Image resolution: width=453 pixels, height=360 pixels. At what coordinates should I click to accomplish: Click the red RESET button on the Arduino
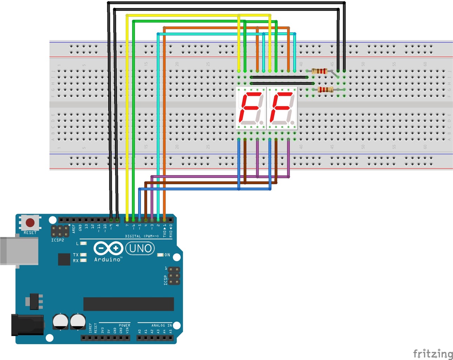30,223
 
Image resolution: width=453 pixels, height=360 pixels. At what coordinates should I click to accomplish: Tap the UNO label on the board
140,249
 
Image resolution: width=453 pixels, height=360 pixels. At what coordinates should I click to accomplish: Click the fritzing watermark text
433,353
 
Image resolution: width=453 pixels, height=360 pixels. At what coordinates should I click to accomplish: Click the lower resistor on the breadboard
325,90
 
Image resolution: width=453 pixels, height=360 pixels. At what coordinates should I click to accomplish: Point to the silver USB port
19,251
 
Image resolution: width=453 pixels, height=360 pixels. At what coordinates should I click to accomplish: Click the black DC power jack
27,325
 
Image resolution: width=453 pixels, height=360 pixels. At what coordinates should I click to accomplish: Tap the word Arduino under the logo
108,259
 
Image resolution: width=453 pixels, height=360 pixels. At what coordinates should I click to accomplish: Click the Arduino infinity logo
108,249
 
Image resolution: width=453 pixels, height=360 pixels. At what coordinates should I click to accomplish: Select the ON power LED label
167,255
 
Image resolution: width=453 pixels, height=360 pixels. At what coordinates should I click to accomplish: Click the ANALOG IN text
162,325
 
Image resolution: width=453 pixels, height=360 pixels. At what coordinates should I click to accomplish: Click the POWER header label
124,325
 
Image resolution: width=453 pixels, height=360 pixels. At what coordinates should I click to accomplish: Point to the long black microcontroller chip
128,304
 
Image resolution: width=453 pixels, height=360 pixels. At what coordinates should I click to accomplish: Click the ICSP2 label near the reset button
58,240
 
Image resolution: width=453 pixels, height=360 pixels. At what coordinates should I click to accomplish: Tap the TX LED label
76,255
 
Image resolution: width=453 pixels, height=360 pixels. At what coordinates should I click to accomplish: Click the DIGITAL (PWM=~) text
142,236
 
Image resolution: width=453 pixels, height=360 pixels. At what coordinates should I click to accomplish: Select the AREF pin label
74,229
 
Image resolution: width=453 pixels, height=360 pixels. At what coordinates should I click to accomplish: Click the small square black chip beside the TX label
64,259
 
